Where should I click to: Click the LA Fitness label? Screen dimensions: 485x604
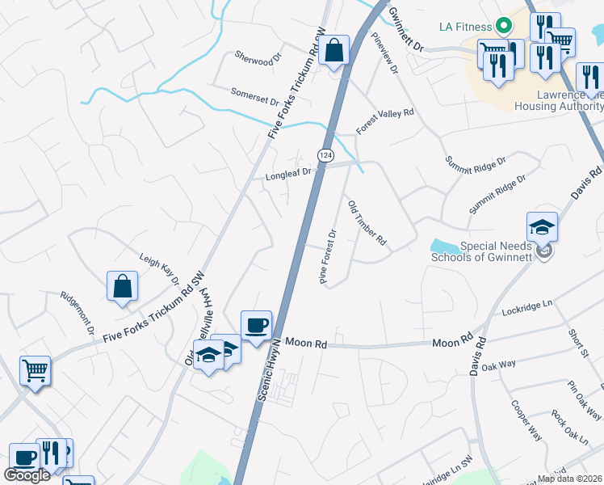point(465,26)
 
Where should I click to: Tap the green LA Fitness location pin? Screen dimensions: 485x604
point(504,26)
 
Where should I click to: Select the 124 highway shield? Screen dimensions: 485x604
point(325,154)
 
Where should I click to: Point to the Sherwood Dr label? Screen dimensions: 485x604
point(256,57)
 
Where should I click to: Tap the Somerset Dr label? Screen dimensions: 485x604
point(254,97)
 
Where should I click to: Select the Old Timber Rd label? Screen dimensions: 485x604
point(367,224)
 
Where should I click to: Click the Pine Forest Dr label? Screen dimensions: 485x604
point(328,257)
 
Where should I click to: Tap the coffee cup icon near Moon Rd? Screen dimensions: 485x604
point(257,325)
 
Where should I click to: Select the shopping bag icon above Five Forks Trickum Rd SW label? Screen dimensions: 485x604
point(122,285)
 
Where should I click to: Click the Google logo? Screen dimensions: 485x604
point(27,475)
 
